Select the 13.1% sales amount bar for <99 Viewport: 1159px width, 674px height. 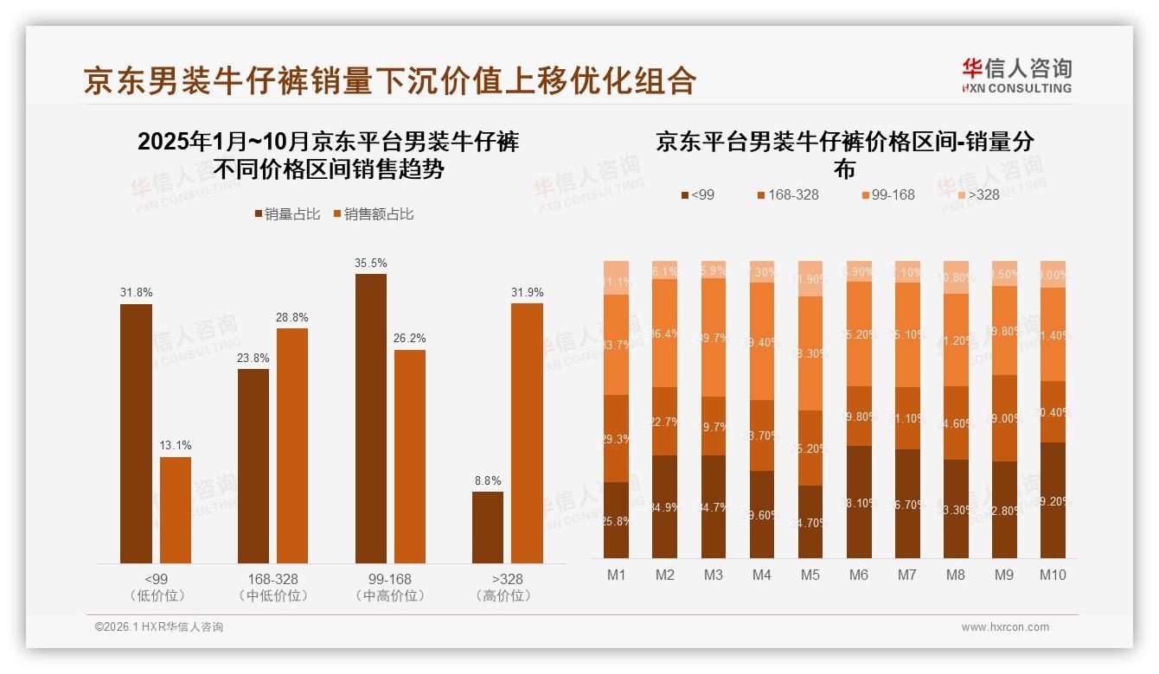point(176,510)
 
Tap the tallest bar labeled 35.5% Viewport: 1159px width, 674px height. point(371,418)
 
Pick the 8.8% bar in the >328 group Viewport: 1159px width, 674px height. point(488,527)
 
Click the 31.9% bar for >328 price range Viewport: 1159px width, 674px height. point(527,433)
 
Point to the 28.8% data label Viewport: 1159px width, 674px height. point(292,317)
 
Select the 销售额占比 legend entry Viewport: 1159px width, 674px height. point(373,214)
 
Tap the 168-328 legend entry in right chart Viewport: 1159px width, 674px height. point(787,194)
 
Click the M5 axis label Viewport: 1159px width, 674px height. point(810,575)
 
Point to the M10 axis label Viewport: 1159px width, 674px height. point(1052,575)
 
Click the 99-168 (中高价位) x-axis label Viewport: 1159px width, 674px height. point(389,587)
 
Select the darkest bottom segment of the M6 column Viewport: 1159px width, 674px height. point(859,502)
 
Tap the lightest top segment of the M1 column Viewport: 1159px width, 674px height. point(616,277)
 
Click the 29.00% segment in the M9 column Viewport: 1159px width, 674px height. point(1004,418)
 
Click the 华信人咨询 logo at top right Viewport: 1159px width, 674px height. point(1016,75)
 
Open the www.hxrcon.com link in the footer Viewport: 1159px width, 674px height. point(1005,627)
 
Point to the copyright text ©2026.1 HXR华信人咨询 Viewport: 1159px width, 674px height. point(159,627)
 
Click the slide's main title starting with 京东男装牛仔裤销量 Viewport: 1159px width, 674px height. point(390,80)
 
